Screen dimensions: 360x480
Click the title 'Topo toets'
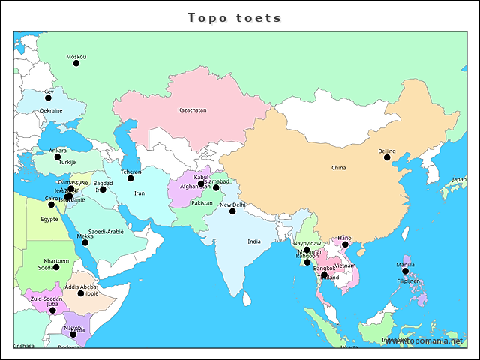(234, 17)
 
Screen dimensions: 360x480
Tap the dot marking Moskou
(76, 63)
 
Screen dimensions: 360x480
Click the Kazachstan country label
(192, 110)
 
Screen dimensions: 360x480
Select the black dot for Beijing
(386, 158)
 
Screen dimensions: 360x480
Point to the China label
(338, 168)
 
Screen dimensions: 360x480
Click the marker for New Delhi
(232, 211)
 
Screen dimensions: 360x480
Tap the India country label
(254, 241)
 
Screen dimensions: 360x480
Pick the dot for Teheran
(130, 178)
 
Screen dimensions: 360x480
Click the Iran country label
(139, 193)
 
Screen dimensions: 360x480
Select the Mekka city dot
(85, 242)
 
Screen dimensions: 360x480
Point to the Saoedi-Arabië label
(106, 232)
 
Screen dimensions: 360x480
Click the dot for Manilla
(406, 271)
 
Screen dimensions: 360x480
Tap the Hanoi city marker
(345, 244)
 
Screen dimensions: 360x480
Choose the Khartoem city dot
(56, 267)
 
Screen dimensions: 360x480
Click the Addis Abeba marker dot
(81, 293)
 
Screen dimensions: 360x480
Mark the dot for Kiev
(48, 97)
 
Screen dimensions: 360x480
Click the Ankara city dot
(58, 157)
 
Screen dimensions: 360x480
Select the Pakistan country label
(202, 203)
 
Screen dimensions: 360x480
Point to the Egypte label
(49, 220)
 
